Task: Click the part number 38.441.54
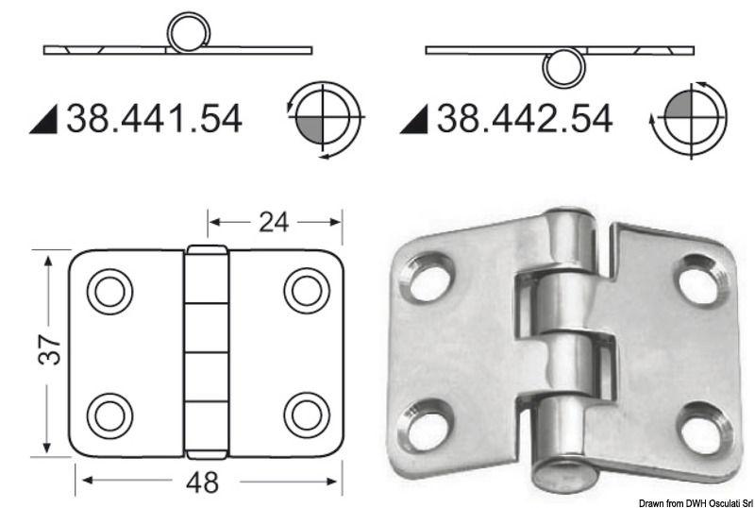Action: pos(154,118)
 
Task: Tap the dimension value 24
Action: pos(274,222)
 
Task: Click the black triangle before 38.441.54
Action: pos(42,120)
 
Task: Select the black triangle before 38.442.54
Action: pos(412,120)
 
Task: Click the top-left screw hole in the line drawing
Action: pos(109,291)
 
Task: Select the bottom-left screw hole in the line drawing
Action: pos(109,414)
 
